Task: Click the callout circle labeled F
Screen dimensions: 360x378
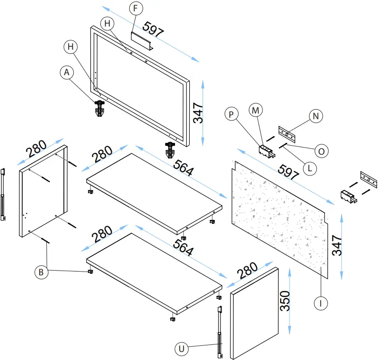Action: pos(135,9)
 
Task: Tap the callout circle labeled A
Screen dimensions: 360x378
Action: pos(67,72)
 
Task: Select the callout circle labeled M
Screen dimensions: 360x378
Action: pos(256,110)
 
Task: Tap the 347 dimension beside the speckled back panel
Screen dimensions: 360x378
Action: pos(336,246)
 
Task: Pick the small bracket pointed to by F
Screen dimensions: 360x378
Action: pos(141,42)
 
